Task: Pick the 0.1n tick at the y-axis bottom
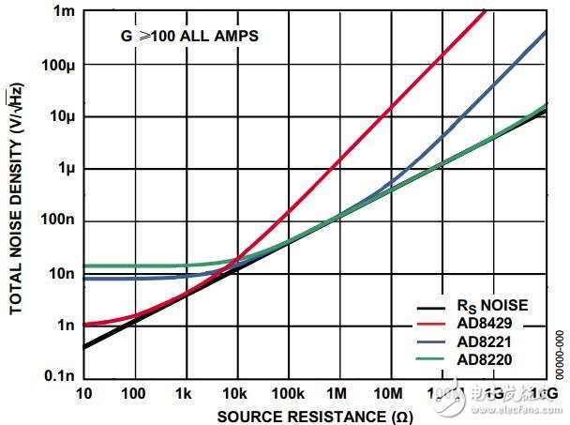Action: tap(58, 376)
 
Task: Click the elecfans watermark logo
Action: tap(511, 398)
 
